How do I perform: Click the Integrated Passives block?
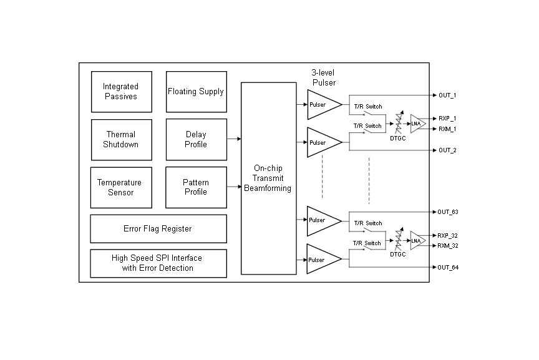click(121, 92)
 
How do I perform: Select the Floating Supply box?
click(196, 92)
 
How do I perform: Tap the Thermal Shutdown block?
click(121, 139)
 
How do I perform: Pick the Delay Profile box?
click(196, 139)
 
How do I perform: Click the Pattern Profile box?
click(196, 187)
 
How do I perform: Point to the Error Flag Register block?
click(158, 229)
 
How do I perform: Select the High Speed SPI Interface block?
click(158, 263)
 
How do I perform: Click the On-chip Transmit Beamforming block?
click(268, 178)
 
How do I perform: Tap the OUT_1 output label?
click(448, 95)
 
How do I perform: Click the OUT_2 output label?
click(448, 150)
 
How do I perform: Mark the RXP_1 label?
click(447, 118)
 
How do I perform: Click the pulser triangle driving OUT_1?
click(321, 105)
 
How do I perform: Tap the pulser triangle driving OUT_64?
click(321, 260)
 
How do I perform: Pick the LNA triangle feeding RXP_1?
click(417, 124)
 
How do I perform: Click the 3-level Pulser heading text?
click(324, 77)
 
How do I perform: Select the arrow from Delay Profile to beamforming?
click(234, 139)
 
